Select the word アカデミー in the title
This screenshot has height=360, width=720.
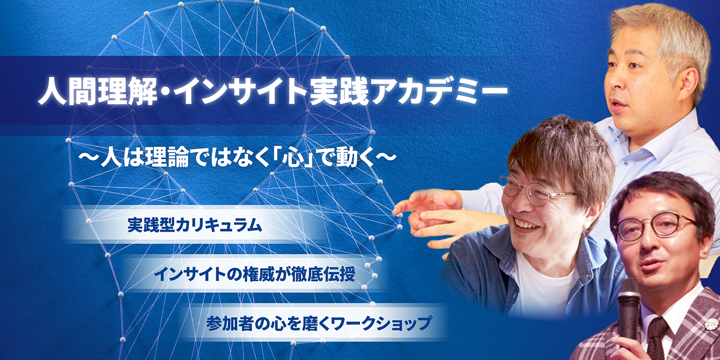coord(439,91)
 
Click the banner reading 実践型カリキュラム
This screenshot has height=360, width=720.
coord(194,225)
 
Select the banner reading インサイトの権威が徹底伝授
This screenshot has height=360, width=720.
coord(254,274)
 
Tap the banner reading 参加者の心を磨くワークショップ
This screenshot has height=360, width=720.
coord(318,323)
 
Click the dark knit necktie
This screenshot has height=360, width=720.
coord(657,339)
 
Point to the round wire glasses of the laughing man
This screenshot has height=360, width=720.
coord(536,191)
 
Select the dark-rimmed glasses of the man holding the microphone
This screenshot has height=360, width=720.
coord(654,227)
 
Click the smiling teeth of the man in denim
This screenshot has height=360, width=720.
coord(524,223)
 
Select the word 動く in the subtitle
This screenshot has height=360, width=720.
coord(355,158)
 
